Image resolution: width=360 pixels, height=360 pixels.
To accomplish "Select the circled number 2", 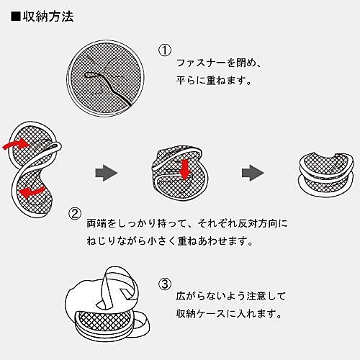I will coord(74,213).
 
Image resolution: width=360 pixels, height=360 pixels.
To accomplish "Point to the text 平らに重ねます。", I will coord(213,81).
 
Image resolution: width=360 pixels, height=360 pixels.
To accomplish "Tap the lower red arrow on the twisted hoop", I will coord(32,192).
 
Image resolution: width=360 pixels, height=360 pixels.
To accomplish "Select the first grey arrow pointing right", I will coord(106,172).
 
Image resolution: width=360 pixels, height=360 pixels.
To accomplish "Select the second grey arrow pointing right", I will coord(251,172).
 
